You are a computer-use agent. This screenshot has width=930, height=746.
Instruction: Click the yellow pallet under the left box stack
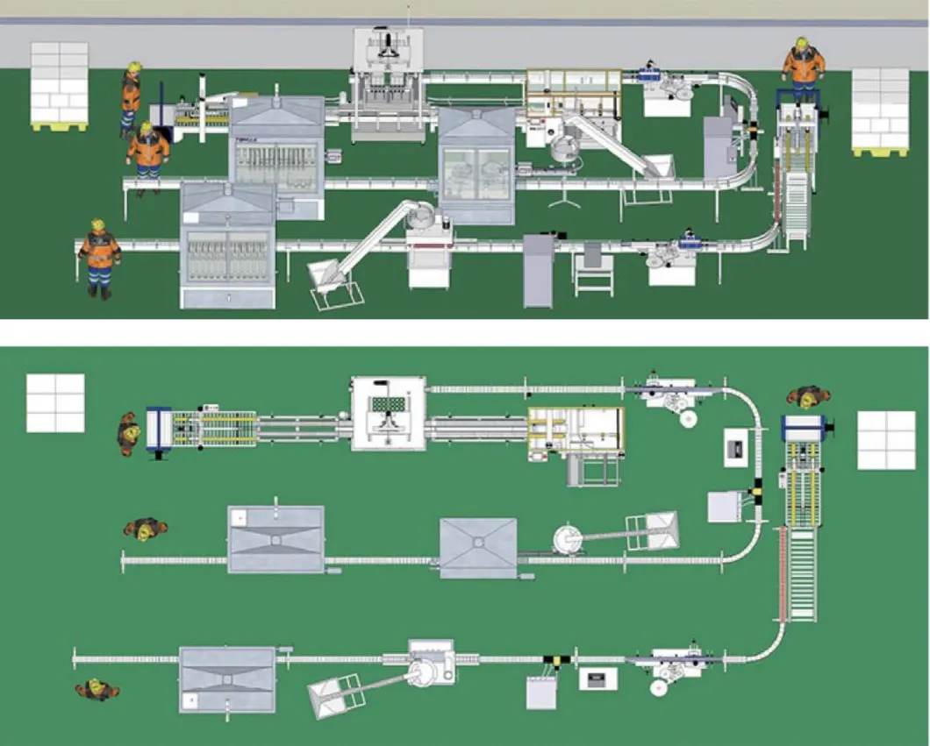coord(59,126)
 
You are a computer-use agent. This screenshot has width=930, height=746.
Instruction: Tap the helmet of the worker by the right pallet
coord(801,43)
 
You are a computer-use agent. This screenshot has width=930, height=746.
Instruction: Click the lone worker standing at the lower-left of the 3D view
coord(98,258)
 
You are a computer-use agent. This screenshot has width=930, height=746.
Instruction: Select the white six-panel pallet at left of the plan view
coord(55,403)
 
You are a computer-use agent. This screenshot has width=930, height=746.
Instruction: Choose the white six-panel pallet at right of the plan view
coord(886,440)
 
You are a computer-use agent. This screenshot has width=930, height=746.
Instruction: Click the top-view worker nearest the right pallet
coord(805,397)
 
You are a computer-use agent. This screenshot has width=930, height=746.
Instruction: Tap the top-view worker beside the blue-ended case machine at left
coord(129,432)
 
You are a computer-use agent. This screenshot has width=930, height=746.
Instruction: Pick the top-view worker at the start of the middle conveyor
coord(146,529)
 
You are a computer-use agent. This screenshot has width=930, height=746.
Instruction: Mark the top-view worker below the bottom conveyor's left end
coord(97,689)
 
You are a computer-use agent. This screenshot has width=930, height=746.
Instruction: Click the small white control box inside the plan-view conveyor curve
coord(736,448)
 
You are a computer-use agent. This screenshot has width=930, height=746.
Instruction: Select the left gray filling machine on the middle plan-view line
coord(275,539)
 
